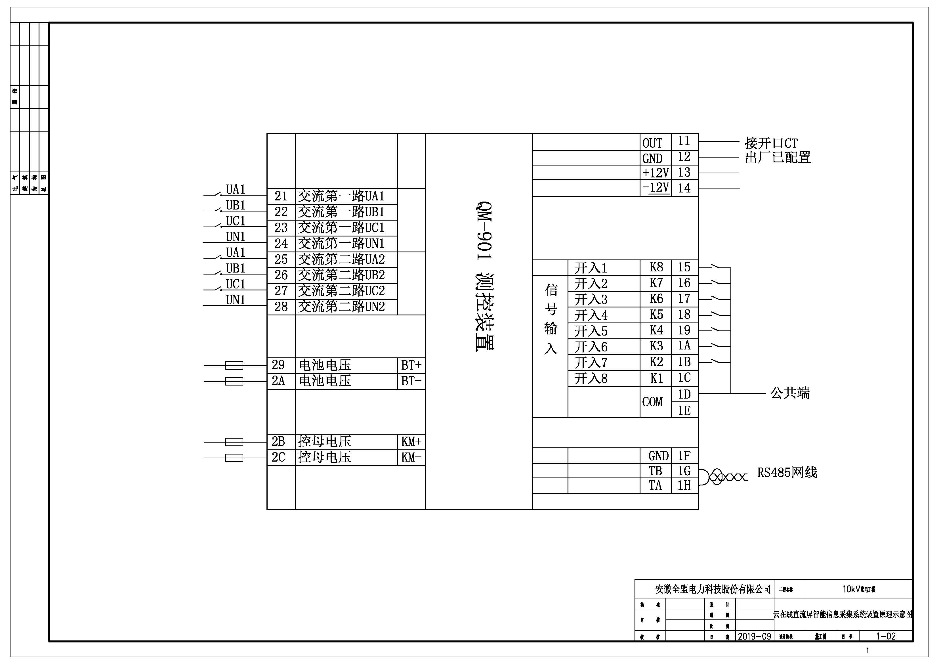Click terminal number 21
281,196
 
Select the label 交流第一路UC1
341,228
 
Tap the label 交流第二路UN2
341,307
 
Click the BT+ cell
411,365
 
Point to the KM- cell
411,457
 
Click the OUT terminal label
652,143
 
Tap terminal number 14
684,188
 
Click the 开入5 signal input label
591,331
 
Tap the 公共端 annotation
790,393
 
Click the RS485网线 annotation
787,473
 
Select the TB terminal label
655,471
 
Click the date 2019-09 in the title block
754,636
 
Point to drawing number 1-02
886,636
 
